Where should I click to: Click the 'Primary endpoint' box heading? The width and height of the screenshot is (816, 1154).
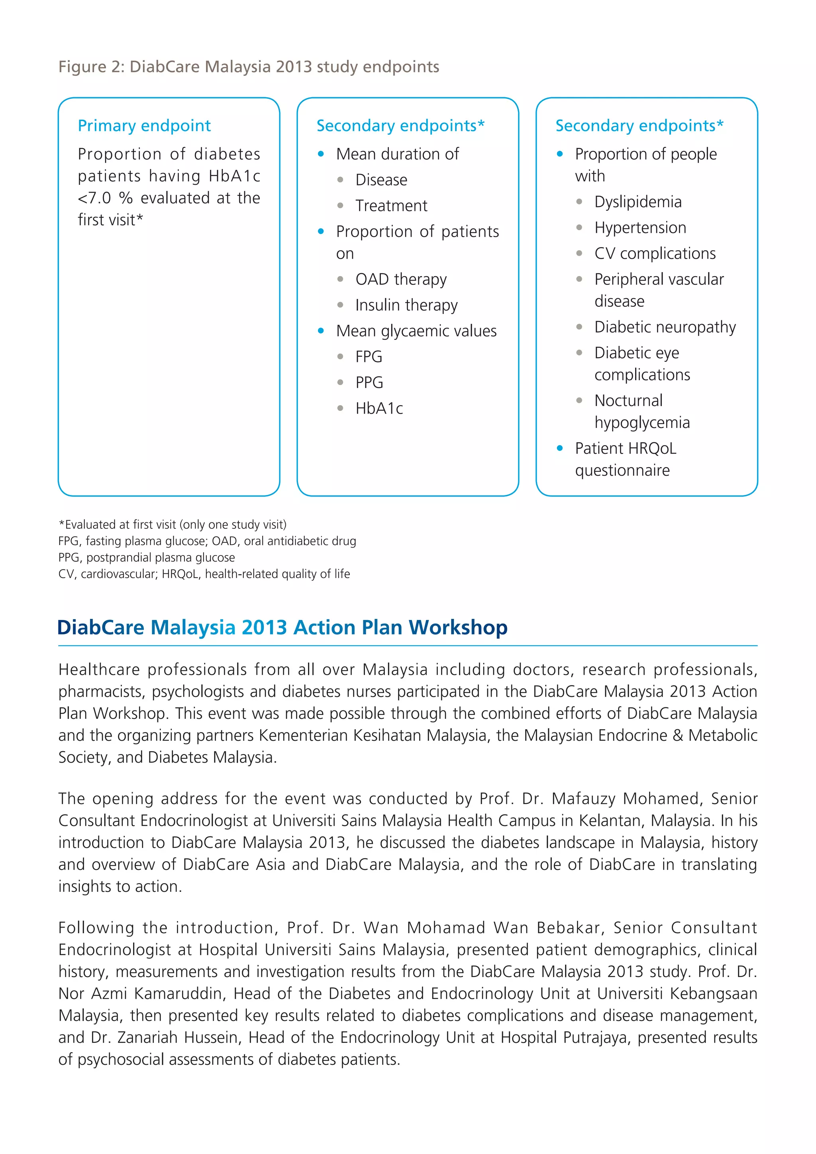(x=144, y=126)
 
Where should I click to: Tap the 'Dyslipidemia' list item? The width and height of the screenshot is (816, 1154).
(x=637, y=202)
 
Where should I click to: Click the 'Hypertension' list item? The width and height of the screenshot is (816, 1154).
(x=639, y=228)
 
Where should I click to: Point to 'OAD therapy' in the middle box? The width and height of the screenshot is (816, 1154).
(x=400, y=279)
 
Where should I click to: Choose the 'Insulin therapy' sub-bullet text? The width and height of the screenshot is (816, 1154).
(x=406, y=305)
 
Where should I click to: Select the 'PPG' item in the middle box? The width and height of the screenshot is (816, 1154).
(x=369, y=383)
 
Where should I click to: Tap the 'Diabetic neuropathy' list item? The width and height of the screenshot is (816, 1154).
(x=664, y=327)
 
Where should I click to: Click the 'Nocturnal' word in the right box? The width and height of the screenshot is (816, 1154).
(x=628, y=400)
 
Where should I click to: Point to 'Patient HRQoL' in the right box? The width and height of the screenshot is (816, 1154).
(x=625, y=448)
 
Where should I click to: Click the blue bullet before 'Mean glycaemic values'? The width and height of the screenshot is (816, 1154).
(x=321, y=331)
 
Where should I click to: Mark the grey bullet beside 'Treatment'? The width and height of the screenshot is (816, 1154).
(x=340, y=206)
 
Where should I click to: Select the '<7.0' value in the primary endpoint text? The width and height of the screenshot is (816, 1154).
(x=94, y=198)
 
